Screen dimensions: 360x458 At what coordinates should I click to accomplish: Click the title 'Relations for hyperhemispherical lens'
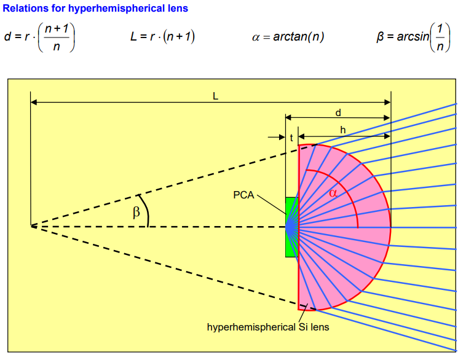[x=96, y=9]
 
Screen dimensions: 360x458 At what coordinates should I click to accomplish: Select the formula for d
[x=39, y=37]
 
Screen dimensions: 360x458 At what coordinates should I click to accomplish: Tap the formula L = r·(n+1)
[x=162, y=37]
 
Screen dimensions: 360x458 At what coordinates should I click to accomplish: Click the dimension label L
[x=215, y=96]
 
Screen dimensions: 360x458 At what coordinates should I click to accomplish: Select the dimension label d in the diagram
[x=338, y=112]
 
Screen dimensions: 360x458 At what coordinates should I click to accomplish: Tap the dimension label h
[x=343, y=130]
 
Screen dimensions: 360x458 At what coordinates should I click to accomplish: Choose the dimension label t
[x=291, y=138]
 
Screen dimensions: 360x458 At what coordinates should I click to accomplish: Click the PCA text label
[x=243, y=195]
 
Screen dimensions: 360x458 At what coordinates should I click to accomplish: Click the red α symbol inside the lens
[x=333, y=193]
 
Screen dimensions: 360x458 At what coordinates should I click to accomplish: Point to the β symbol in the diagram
[x=136, y=213]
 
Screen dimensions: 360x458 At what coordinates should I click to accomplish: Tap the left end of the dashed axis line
[x=32, y=227]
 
